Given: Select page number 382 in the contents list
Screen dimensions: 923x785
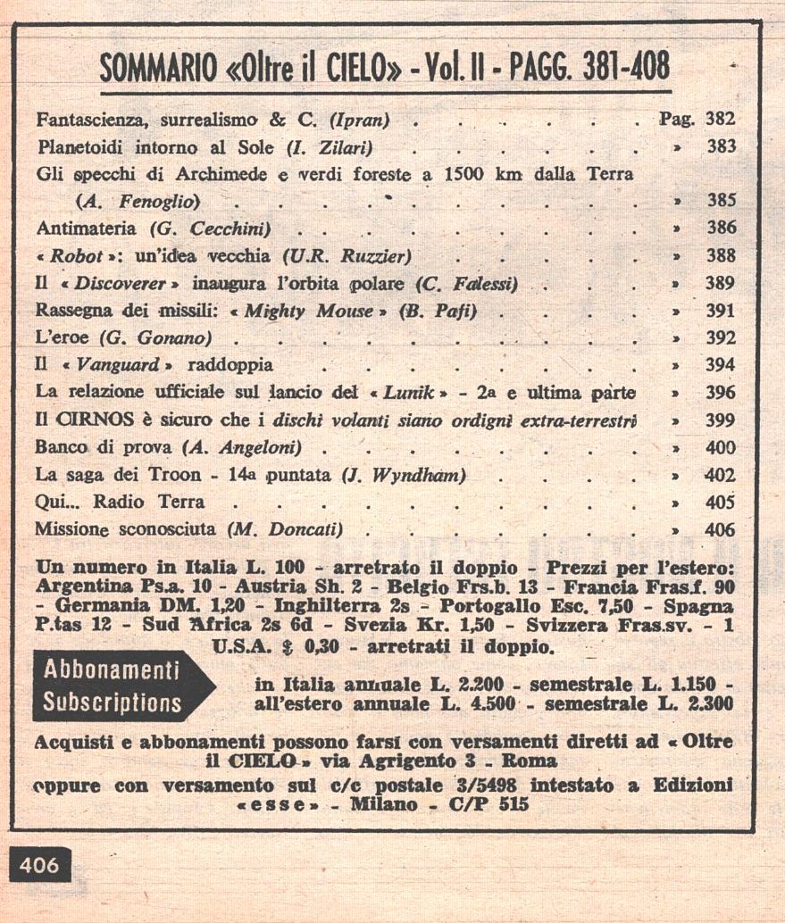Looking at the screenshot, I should click(721, 119).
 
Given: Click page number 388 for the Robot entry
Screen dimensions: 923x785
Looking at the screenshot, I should click(721, 255).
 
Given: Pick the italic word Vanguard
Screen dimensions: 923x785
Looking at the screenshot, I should click(115, 365).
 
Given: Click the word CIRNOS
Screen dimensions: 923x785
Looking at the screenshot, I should click(85, 420).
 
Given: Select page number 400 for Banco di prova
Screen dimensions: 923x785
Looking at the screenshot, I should click(721, 447).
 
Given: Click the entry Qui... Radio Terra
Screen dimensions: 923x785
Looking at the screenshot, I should click(120, 502).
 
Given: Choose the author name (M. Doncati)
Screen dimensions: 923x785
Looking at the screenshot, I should click(285, 529).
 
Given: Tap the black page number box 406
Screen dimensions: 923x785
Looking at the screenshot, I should click(39, 865).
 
